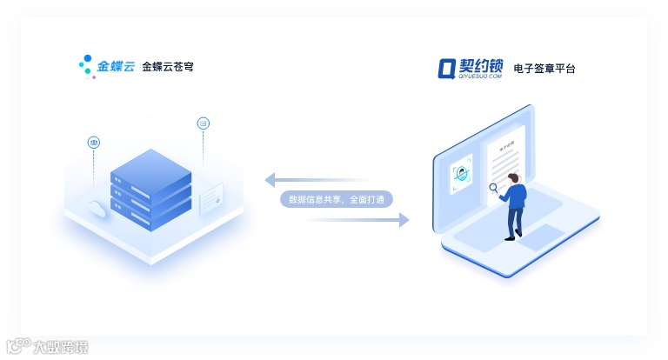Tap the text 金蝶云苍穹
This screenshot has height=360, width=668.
coord(167,66)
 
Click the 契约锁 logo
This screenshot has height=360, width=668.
coord(471,67)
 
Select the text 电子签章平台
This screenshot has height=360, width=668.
coord(544,67)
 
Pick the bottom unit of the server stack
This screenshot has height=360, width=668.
coord(150,211)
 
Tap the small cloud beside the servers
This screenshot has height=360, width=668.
coord(97,207)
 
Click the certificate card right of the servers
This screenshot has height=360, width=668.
coord(211,199)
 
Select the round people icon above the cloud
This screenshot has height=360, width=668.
coord(94,142)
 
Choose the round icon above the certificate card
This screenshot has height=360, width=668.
coord(204,123)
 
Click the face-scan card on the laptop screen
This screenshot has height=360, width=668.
coord(461,174)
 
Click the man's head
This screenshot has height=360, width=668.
coord(515,177)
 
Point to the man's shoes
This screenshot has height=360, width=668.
coord(513,236)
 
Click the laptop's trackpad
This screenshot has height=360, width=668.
coord(540,235)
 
